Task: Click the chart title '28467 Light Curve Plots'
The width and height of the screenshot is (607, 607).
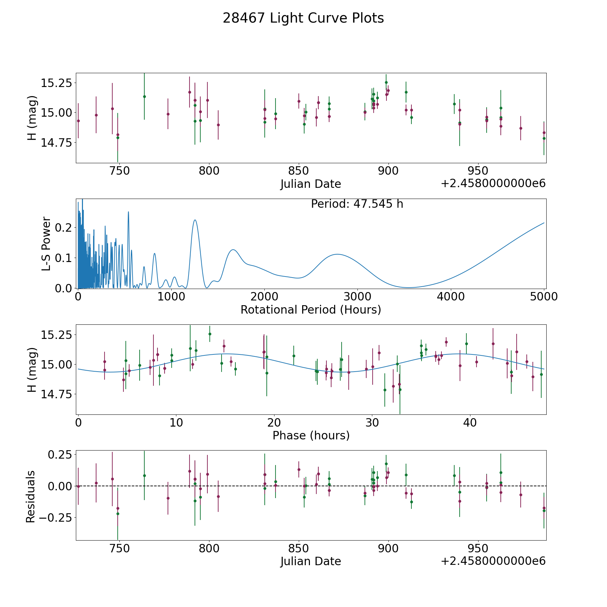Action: click(x=303, y=18)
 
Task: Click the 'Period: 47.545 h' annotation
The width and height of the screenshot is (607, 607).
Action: click(x=357, y=204)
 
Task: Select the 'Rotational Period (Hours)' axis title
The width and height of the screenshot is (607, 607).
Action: click(x=311, y=310)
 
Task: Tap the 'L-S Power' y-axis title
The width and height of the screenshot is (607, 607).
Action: click(x=46, y=243)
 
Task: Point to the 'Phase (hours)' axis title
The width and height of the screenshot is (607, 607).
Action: click(x=311, y=436)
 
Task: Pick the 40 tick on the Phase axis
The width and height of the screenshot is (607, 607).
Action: click(x=470, y=423)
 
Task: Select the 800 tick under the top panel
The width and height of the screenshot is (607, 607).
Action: click(x=209, y=171)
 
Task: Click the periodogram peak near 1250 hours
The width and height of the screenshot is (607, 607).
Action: click(x=195, y=220)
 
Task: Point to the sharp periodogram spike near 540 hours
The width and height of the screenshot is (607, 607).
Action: click(x=128, y=212)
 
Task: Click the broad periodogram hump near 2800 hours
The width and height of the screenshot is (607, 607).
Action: click(x=337, y=254)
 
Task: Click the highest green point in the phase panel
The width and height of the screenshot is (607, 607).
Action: click(x=210, y=334)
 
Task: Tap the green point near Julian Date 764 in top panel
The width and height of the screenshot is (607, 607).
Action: click(x=144, y=96)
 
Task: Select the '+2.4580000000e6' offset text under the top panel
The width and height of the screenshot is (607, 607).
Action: click(x=493, y=183)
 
